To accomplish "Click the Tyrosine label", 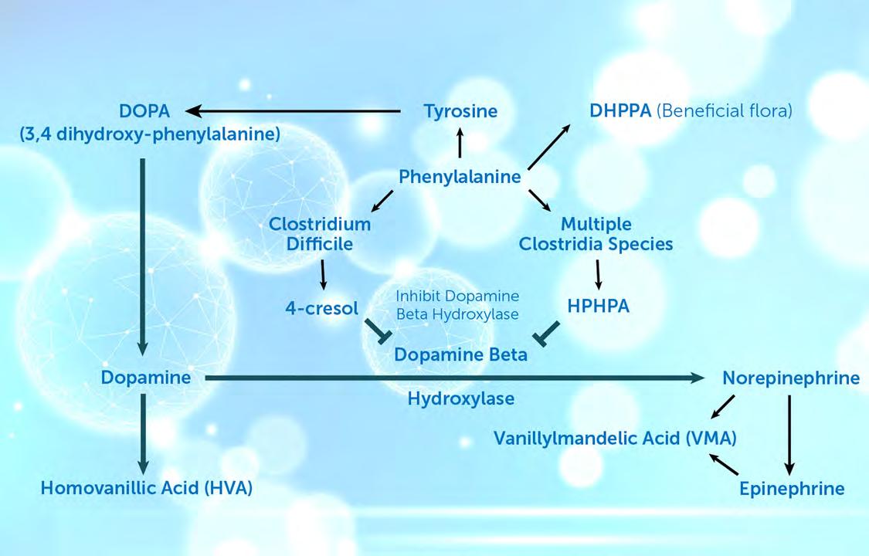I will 460,111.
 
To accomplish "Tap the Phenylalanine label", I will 460,177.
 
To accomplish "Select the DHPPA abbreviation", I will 620,110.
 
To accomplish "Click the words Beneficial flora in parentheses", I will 725,110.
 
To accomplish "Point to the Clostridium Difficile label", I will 320,234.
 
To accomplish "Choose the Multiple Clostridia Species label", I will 596,234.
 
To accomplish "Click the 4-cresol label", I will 321,309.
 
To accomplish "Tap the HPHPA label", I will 598,306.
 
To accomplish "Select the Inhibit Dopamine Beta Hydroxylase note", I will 457,304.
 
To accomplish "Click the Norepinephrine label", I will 790,378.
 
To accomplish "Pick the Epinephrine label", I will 791,489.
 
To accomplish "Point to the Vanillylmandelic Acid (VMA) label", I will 615,439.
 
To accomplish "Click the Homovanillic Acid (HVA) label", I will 147,488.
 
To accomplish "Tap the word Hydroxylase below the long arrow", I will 461,399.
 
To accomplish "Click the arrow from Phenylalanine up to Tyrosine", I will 460,143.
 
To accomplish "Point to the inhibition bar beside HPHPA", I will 547,334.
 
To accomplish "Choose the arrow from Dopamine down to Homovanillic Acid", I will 143,433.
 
